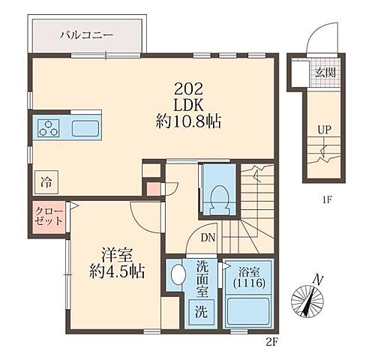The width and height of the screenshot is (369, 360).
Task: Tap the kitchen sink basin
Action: click(85, 128)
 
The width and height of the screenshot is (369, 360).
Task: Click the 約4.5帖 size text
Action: click(114, 271)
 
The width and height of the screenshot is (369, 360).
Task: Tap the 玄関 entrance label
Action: click(324, 73)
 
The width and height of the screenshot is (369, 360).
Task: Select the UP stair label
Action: click(323, 130)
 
